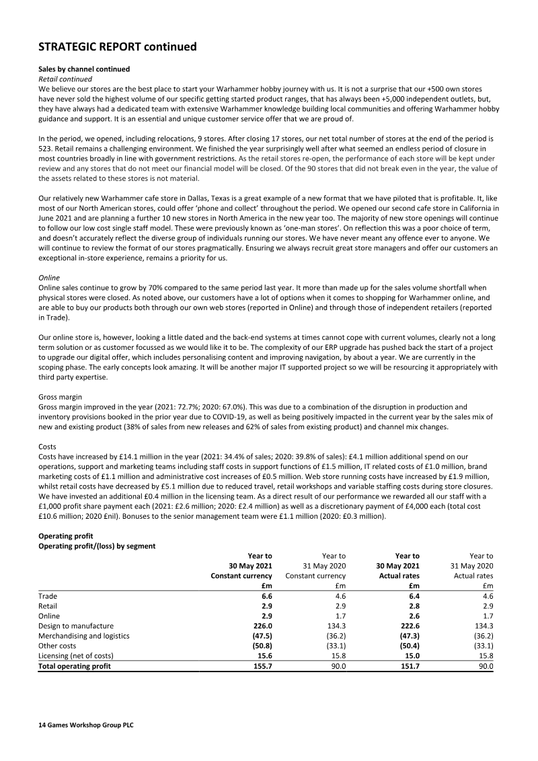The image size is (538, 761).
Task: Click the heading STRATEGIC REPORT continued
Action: pyautogui.click(x=118, y=46)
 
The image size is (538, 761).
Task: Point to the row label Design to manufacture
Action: pyautogui.click(x=75, y=626)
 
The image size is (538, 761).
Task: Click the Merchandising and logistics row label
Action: pyautogui.click(x=84, y=636)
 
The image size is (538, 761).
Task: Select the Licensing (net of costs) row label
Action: pyautogui.click(x=76, y=656)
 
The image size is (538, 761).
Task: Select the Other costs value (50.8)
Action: pyautogui.click(x=259, y=646)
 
